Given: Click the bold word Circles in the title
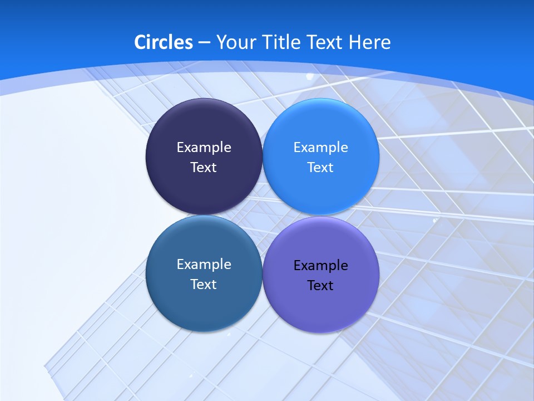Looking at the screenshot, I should (x=164, y=42).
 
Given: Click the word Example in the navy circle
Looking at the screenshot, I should (x=204, y=148).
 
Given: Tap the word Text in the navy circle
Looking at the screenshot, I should (x=204, y=168).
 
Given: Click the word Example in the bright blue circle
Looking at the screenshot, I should (x=321, y=148).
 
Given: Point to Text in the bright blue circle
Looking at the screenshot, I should (x=321, y=168).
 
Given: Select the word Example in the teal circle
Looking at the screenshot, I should (x=204, y=265).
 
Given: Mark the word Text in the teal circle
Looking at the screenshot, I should (x=204, y=285).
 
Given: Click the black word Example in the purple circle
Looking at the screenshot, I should (x=321, y=266).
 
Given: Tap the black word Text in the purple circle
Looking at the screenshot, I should (x=321, y=286).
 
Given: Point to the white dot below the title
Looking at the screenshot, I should (x=310, y=76).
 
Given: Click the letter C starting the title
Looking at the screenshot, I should (x=140, y=42).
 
